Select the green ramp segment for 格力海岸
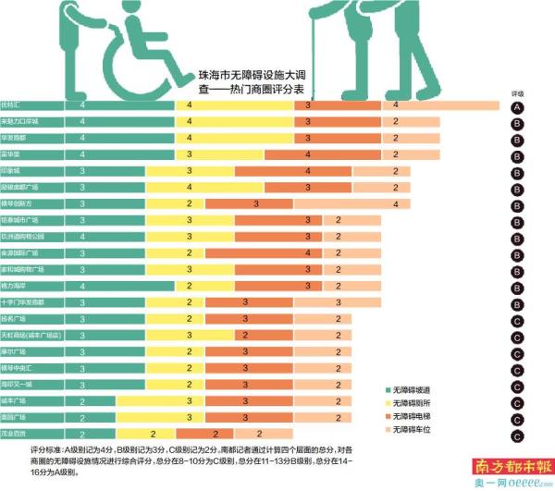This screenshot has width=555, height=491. (x=83, y=286)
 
